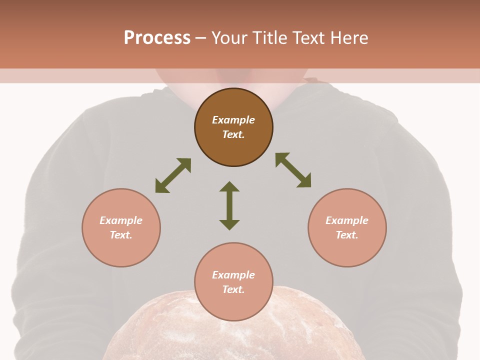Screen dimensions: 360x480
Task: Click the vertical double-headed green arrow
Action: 229,205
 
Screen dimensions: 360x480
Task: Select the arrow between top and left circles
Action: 173,175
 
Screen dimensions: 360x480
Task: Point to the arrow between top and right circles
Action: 293,170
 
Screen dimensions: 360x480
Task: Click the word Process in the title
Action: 157,37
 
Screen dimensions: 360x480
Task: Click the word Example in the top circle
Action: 233,120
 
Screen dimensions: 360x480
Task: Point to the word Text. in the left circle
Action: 121,235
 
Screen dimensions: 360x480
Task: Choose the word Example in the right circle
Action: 347,220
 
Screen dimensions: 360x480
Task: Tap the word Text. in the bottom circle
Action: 233,289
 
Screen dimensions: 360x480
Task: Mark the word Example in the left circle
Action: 121,220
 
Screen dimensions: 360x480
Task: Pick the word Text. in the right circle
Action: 347,235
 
